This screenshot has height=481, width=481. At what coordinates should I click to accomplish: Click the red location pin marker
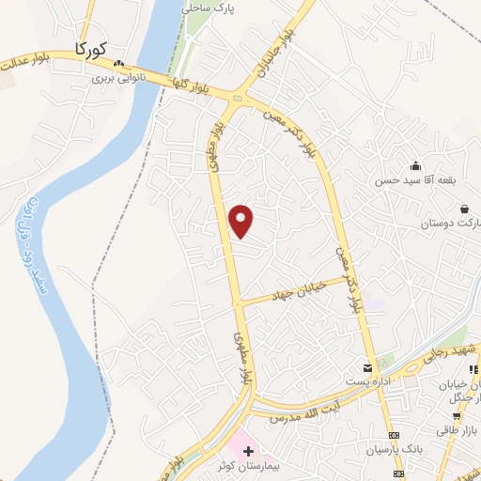click(x=241, y=221)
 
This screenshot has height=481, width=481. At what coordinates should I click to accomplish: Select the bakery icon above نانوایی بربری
click(x=118, y=65)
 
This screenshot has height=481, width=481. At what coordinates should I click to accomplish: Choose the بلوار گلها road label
click(x=192, y=85)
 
